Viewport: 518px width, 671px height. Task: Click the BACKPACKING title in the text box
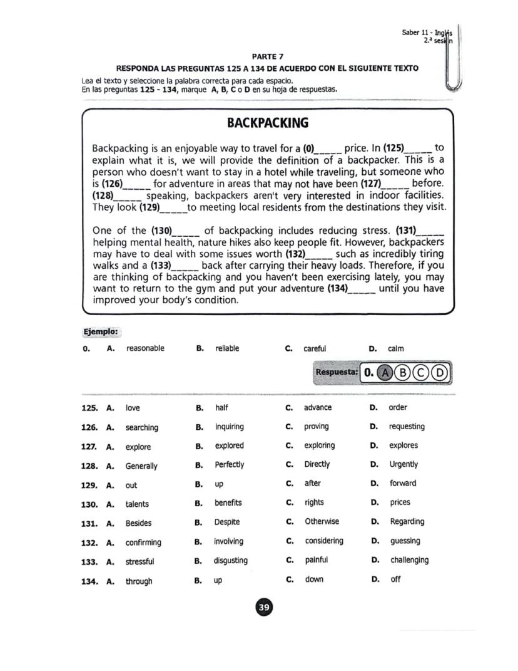[267, 122]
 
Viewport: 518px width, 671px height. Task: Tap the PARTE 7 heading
[267, 56]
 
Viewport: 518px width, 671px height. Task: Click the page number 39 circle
[264, 607]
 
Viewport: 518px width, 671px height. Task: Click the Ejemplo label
[101, 331]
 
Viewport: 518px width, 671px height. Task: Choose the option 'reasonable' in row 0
[145, 348]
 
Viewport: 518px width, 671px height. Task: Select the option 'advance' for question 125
[318, 408]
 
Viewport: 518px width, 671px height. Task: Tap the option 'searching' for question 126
[141, 428]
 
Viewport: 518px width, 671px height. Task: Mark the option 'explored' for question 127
[229, 446]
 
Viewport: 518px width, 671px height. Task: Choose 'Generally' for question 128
[141, 466]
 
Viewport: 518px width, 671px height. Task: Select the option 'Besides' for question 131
[138, 523]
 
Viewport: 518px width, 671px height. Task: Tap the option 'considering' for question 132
[324, 541]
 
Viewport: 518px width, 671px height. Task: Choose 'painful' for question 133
[316, 560]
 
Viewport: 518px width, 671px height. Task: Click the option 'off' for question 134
[395, 580]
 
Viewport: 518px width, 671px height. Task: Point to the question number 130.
[89, 504]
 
